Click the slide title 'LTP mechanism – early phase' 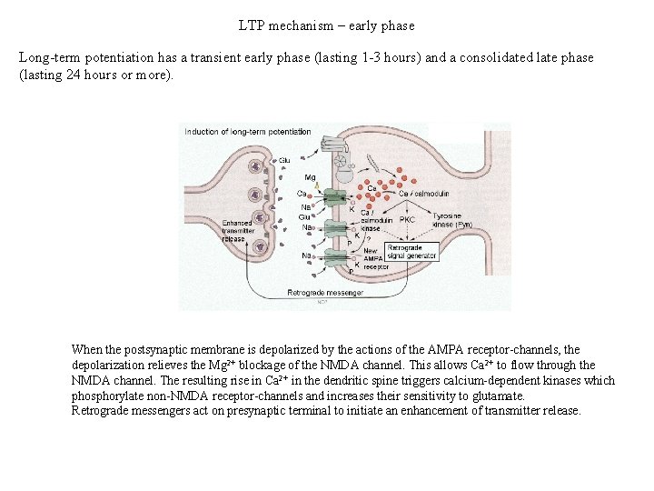point(326,25)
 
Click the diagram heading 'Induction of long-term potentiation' point(247,132)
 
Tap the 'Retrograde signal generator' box point(411,251)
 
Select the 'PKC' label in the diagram point(407,219)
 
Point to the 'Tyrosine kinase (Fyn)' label point(451,219)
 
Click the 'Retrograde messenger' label point(325,293)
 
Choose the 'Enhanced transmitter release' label point(237,231)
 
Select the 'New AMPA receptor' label point(375,259)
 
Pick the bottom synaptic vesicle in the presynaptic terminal point(261,247)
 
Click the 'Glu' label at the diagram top point(284,160)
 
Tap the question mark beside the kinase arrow point(368,239)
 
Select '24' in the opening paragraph point(75,75)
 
